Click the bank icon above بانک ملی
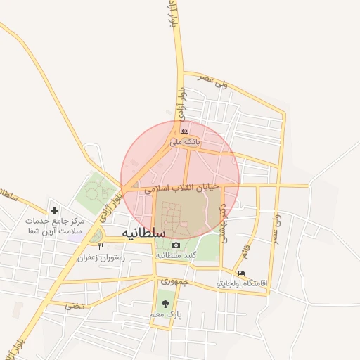pyautogui.click(x=184, y=131)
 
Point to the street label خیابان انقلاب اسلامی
pyautogui.click(x=182, y=188)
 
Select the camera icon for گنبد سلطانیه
pyautogui.click(x=176, y=245)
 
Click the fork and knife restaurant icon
pyautogui.click(x=101, y=247)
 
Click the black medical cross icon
pyautogui.click(x=55, y=210)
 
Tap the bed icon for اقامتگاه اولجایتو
pyautogui.click(x=242, y=273)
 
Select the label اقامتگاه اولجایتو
pyautogui.click(x=243, y=283)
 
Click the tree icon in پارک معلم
pyautogui.click(x=165, y=304)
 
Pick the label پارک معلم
pyautogui.click(x=165, y=316)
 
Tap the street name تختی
pyautogui.click(x=74, y=306)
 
